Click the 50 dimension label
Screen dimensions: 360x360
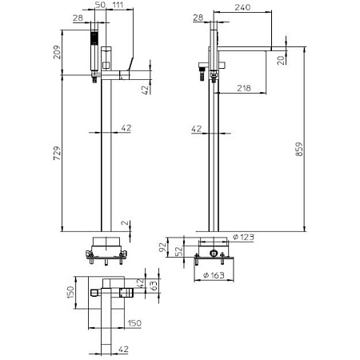(100, 5)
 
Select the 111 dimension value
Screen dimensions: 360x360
(118, 5)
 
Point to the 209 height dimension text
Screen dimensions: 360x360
(57, 52)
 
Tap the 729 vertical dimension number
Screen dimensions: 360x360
(57, 153)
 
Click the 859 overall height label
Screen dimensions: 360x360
(299, 149)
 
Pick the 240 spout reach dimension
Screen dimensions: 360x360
(242, 7)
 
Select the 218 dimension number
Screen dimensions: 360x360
(244, 88)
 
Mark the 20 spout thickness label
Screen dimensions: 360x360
(281, 61)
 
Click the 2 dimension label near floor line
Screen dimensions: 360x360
(125, 223)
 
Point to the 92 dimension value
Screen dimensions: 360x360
(162, 247)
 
